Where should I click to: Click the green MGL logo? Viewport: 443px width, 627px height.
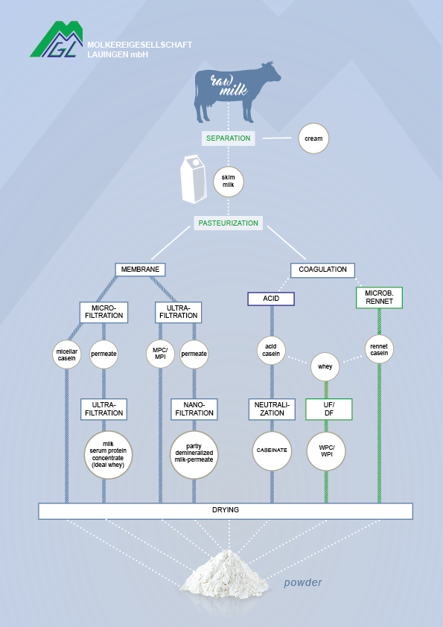point(57,39)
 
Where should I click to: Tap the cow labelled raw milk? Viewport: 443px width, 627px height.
point(237,92)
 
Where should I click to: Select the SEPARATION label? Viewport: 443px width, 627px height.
point(229,139)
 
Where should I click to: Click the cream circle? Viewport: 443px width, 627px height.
point(313,139)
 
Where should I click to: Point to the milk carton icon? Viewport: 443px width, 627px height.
point(194,179)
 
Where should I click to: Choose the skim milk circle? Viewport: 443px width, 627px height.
point(229,181)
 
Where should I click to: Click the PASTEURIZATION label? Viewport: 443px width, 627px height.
point(229,223)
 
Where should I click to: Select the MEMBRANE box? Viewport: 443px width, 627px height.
point(140,270)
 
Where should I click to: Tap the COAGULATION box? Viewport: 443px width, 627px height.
point(322,270)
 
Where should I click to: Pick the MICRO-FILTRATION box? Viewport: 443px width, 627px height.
point(104,312)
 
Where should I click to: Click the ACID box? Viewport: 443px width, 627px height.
point(271,299)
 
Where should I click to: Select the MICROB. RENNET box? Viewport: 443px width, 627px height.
point(379,298)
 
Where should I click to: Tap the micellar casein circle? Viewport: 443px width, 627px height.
point(67,354)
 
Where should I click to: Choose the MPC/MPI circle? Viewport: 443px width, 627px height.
point(160,354)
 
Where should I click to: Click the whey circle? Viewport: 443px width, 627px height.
point(325,366)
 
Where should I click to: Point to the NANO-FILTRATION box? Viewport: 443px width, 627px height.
point(194,409)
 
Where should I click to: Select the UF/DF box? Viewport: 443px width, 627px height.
point(328,409)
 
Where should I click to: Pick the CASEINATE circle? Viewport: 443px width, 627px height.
point(272,451)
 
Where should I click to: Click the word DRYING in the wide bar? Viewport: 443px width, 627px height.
point(226,510)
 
